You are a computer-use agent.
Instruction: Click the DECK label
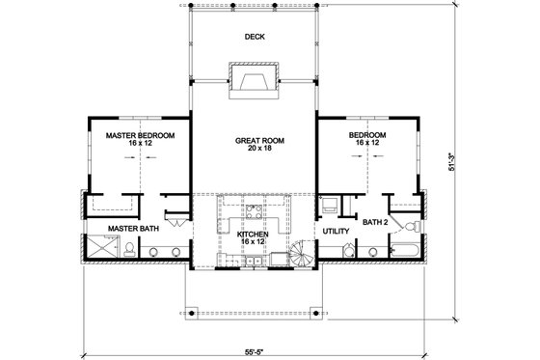coord(254,38)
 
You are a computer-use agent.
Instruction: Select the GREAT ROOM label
coord(254,140)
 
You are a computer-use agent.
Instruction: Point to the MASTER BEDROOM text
coord(140,135)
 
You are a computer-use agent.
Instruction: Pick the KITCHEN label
coord(255,234)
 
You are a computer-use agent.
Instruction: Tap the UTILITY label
coord(335,232)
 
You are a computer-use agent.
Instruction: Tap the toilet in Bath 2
coord(411,226)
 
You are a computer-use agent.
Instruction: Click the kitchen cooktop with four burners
coord(255,209)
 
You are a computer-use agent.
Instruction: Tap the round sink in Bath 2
coord(373,254)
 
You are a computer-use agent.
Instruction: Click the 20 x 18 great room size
coord(254,150)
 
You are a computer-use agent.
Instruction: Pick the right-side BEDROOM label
coord(367,135)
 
